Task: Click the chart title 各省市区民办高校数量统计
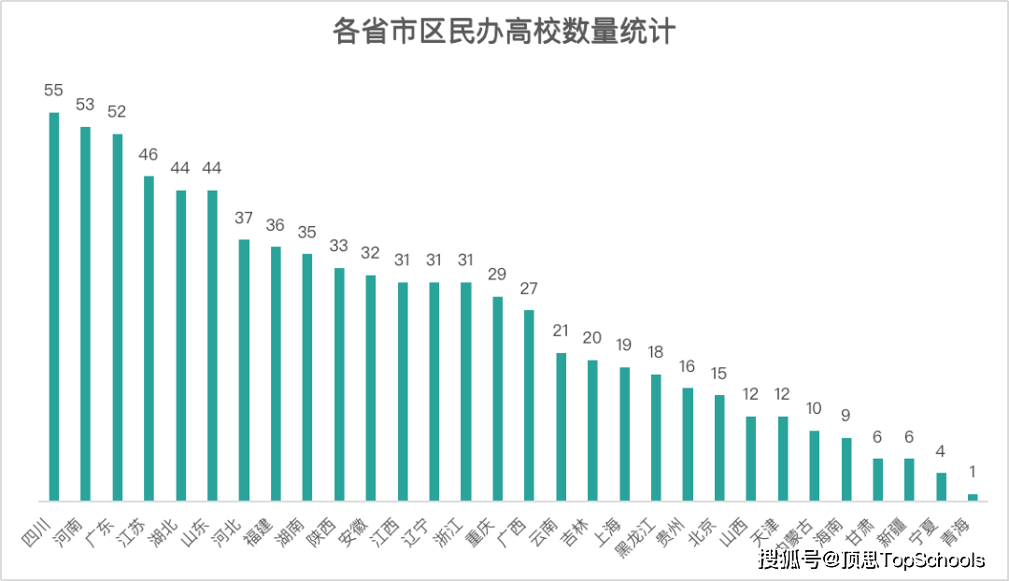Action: (x=504, y=32)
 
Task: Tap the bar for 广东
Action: (x=118, y=318)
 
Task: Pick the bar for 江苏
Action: (x=149, y=338)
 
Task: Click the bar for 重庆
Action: (x=498, y=399)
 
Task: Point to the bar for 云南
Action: (x=561, y=427)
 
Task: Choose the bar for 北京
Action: (x=719, y=447)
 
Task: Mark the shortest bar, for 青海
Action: (x=973, y=497)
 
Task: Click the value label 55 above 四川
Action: (x=53, y=91)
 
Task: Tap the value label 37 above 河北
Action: (x=244, y=218)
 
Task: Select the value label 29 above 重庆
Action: (x=497, y=275)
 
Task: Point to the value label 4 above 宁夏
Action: (x=941, y=451)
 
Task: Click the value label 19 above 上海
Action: (x=624, y=345)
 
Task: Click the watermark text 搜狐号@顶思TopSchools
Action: (x=872, y=560)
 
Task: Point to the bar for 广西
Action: (x=529, y=405)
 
